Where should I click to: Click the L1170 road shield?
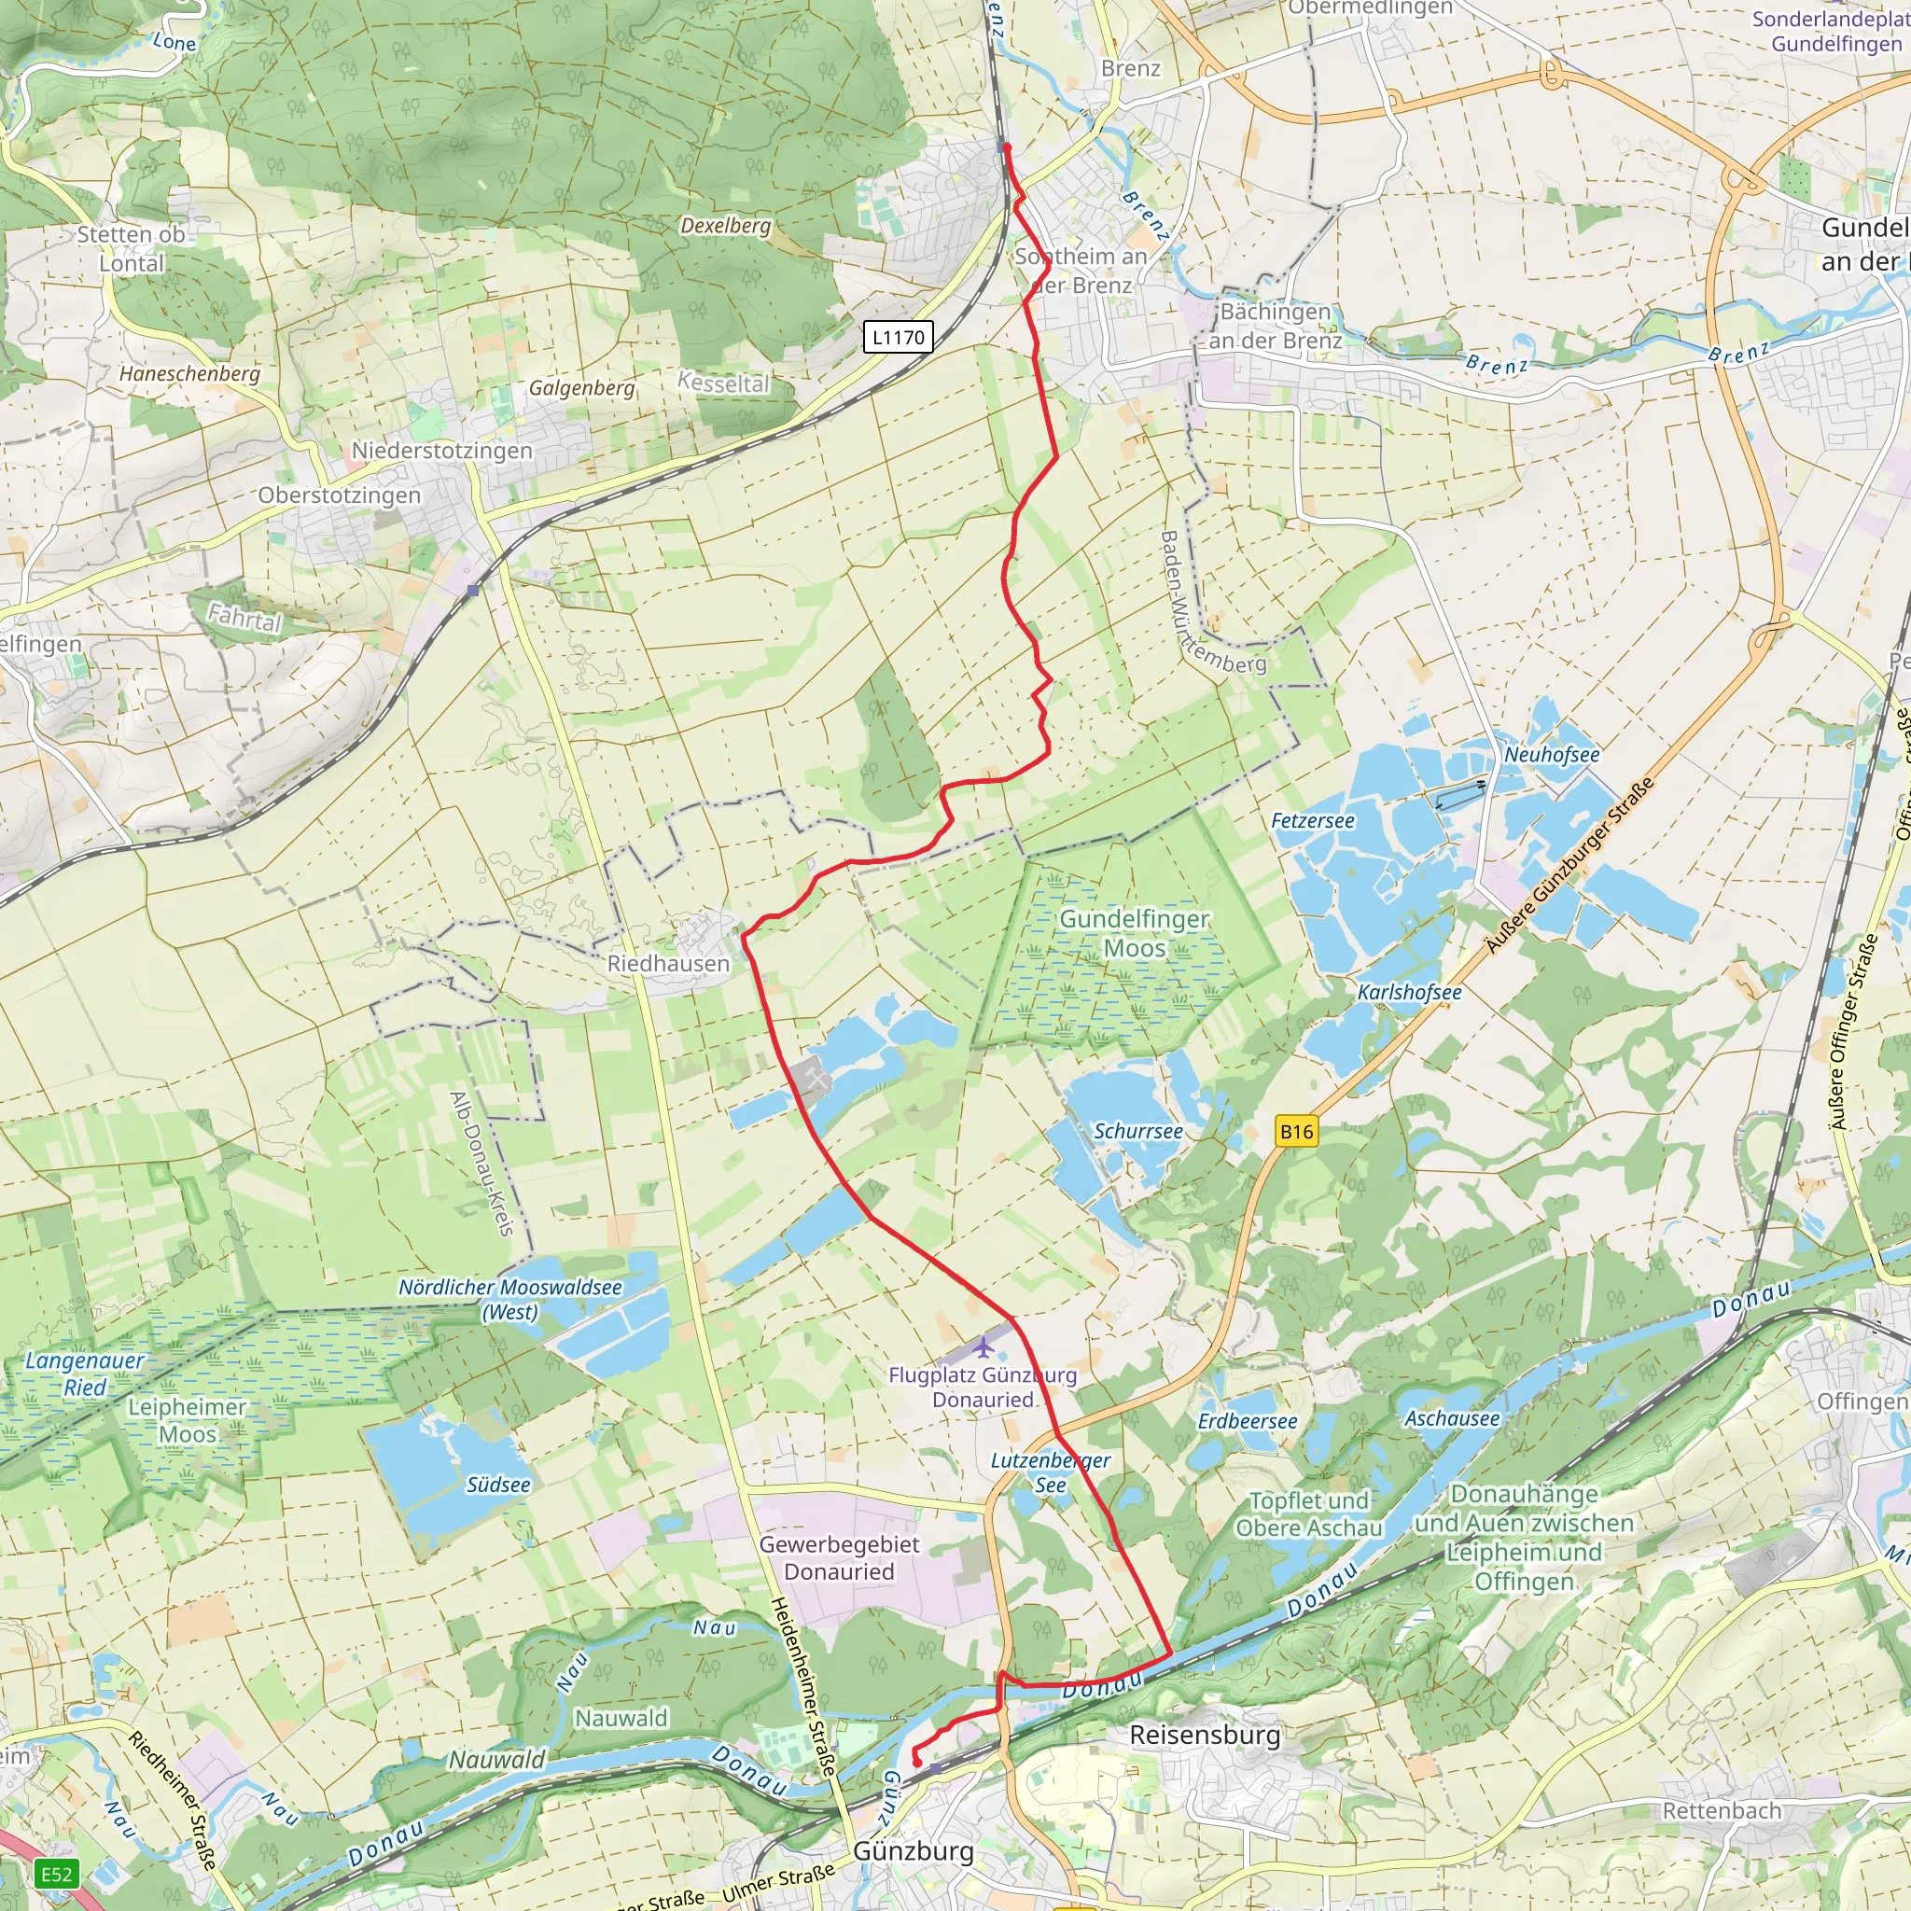coord(899,337)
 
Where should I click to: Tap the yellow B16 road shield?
coord(1296,1132)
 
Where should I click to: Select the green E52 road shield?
coord(56,1874)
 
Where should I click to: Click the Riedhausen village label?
coord(668,963)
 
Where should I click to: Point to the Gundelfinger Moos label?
coord(1134,934)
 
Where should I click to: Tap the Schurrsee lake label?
coord(1137,1131)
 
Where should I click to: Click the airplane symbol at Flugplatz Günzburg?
coord(983,1347)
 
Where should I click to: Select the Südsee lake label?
coord(498,1485)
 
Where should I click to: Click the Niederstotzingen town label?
coord(442,451)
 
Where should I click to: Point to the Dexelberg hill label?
coord(725,226)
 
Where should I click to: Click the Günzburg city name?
coord(913,1850)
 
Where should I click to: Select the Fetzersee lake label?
coord(1313,821)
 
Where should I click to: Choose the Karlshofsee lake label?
coord(1408,992)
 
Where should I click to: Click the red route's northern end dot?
coord(1007,147)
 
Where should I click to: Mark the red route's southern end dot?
coord(916,1763)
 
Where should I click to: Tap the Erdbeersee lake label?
coord(1248,1421)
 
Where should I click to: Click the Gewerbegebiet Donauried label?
coord(839,1558)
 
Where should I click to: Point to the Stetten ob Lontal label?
coord(131,249)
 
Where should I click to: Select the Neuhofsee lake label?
coord(1551,755)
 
